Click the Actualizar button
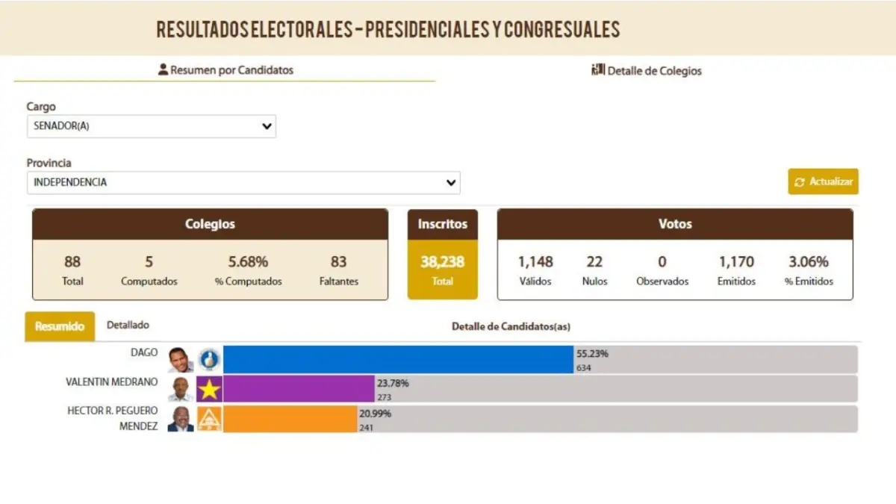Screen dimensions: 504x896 tap(823, 181)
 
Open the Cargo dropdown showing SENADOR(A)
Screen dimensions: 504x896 tap(151, 126)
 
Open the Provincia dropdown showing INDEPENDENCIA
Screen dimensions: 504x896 tap(243, 182)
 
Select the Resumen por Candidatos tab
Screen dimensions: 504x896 tap(225, 70)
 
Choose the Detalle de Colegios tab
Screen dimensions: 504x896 tap(647, 71)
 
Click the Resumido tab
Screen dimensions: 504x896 tap(60, 326)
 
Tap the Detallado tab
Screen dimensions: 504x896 tap(128, 326)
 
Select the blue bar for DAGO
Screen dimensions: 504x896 tap(397, 359)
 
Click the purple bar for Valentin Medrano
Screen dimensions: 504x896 tap(298, 389)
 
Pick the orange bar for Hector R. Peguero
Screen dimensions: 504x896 tap(290, 419)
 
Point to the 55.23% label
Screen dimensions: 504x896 tap(592, 354)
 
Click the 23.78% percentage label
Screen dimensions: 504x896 tap(393, 384)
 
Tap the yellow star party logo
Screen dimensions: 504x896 tap(209, 389)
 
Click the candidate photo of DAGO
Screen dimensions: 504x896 tap(180, 360)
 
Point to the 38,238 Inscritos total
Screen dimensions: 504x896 tap(442, 262)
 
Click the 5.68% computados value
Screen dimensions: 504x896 tap(248, 262)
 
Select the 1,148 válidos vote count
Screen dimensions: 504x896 tap(535, 262)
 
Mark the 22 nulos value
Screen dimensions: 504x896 tap(594, 262)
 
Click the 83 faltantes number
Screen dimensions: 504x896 tap(338, 262)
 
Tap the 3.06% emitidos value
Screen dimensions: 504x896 tap(808, 262)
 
